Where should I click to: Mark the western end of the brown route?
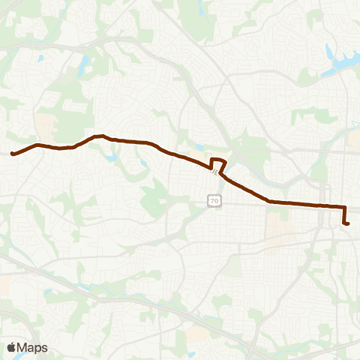pyautogui.click(x=13, y=154)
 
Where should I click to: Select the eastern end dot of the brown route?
pyautogui.click(x=347, y=223)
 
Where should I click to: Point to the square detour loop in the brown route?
pyautogui.click(x=218, y=163)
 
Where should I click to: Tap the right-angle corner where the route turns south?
pyautogui.click(x=344, y=207)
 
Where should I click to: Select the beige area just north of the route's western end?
pyautogui.click(x=45, y=124)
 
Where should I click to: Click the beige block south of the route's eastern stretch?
pyautogui.click(x=278, y=225)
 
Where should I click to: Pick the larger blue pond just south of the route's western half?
pyautogui.click(x=112, y=157)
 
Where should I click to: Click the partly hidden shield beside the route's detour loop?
pyautogui.click(x=214, y=172)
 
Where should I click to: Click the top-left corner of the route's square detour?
pyautogui.click(x=212, y=159)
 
